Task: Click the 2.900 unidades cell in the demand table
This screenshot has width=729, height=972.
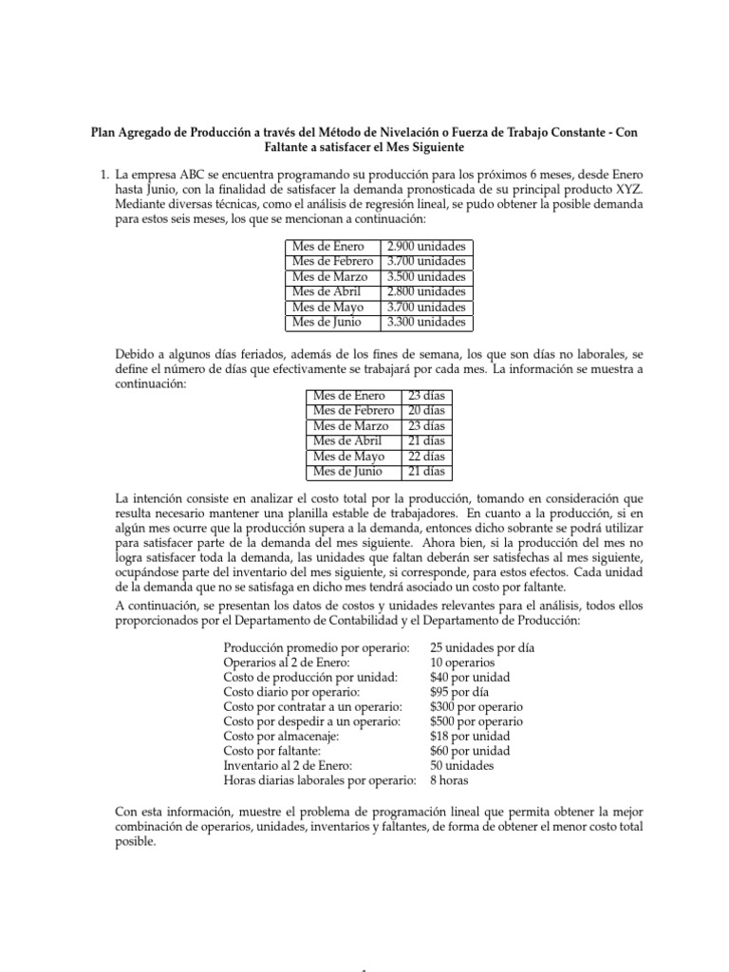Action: point(426,247)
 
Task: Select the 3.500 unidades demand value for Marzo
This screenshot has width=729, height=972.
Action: point(426,277)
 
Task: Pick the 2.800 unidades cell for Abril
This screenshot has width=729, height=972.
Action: point(426,292)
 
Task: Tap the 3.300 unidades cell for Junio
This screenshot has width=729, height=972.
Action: point(426,323)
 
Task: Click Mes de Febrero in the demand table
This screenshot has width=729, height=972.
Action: point(333,262)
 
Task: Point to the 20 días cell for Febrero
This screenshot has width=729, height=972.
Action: point(426,411)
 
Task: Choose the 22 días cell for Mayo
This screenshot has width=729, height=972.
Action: point(426,457)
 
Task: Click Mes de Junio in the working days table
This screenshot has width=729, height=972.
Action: point(347,472)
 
